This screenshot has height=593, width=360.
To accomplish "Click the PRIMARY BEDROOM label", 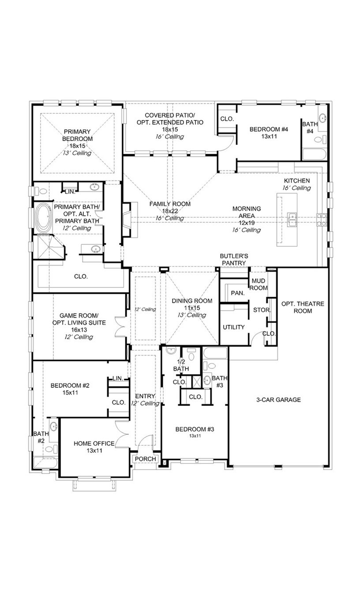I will (x=77, y=135).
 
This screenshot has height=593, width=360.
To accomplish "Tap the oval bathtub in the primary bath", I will (x=44, y=218).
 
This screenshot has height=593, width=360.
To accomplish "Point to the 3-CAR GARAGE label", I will (x=278, y=400).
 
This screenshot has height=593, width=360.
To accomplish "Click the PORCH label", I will (x=145, y=459).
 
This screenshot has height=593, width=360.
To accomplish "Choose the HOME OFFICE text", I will (x=94, y=443).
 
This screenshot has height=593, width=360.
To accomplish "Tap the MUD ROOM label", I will (x=259, y=285).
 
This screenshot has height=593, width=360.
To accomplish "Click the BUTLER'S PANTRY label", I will (x=234, y=259).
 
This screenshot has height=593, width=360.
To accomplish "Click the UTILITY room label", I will (x=233, y=327).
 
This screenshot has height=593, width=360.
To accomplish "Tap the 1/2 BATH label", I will (x=181, y=365).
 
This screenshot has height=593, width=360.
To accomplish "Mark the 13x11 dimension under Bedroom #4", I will (x=268, y=137).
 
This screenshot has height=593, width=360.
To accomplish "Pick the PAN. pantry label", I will (x=237, y=293).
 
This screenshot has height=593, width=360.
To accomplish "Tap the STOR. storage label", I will (x=262, y=310).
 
